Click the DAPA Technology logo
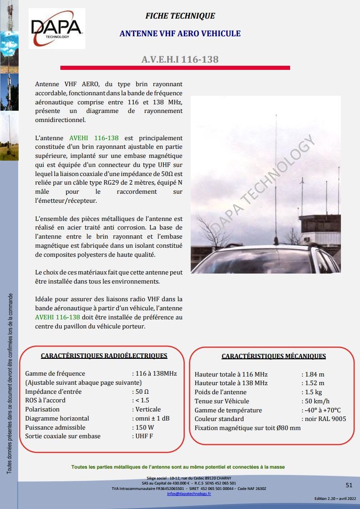pyautogui.click(x=56, y=28)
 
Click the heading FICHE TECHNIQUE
pyautogui.click(x=180, y=16)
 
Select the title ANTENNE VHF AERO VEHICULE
pyautogui.click(x=180, y=34)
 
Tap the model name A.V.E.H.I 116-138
pyautogui.click(x=180, y=59)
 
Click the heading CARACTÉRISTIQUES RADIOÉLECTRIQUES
pyautogui.click(x=104, y=356)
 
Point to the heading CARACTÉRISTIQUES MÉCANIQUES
pyautogui.click(x=274, y=356)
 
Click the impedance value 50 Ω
pyautogui.click(x=142, y=392)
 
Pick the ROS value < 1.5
pyautogui.click(x=142, y=400)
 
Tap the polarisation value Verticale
pyautogui.click(x=148, y=409)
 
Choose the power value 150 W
pyautogui.click(x=145, y=427)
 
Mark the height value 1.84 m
pyautogui.click(x=315, y=374)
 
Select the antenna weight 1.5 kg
pyautogui.click(x=313, y=392)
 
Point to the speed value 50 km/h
pyautogui.click(x=317, y=401)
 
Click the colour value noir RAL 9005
pyautogui.click(x=325, y=419)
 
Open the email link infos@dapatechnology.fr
pyautogui.click(x=189, y=493)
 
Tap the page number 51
pyautogui.click(x=349, y=485)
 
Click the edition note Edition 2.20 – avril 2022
pyautogui.click(x=335, y=499)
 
